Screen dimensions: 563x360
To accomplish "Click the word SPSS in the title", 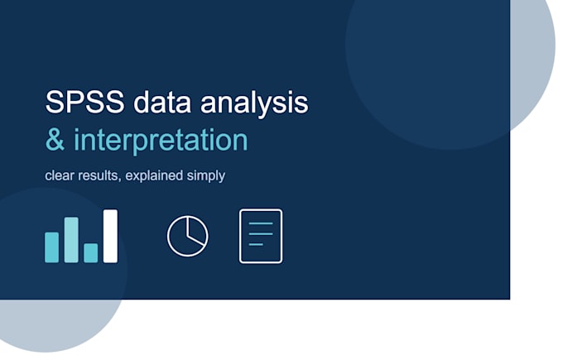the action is [84, 103].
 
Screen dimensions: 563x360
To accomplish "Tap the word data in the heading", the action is [162, 103].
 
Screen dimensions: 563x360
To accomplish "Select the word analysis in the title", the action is [254, 104].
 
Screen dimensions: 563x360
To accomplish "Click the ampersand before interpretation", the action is [55, 140].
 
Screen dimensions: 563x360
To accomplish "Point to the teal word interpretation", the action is [161, 141].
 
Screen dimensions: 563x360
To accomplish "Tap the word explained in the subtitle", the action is [154, 176].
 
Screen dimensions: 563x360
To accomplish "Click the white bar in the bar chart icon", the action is [111, 236].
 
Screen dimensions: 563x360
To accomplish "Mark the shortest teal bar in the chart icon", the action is [91, 253].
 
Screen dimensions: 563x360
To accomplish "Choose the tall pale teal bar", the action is [71, 240].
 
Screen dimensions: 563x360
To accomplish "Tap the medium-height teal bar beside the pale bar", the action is [51, 247].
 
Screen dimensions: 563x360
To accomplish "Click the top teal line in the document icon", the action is [261, 223].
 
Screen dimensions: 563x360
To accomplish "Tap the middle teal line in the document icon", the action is [261, 234].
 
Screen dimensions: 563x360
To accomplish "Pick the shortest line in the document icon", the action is [256, 244].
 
